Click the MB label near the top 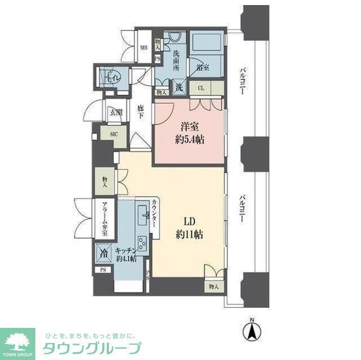pos(144,47)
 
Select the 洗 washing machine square pos(178,87)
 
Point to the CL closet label pos(201,88)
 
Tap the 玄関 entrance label pos(116,113)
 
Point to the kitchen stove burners pos(141,246)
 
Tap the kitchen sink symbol pos(144,214)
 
